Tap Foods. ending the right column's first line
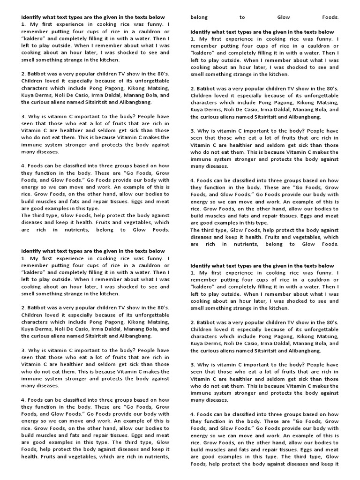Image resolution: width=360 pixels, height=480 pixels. (330, 17)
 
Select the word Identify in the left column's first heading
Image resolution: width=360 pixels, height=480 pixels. (31, 17)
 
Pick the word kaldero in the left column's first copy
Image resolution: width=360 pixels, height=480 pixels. (33, 38)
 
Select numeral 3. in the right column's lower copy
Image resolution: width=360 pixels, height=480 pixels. (193, 365)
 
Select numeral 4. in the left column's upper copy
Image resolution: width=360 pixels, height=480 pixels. (23, 166)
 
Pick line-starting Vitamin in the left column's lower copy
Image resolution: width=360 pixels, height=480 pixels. (31, 364)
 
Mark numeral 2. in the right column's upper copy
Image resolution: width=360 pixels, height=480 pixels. (193, 89)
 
